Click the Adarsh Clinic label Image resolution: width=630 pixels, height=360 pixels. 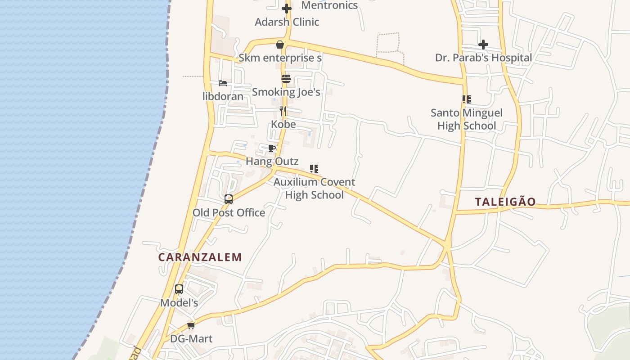[287, 22]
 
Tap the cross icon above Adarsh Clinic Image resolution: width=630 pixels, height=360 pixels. [287, 8]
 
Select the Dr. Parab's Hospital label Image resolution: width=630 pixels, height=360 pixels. [483, 58]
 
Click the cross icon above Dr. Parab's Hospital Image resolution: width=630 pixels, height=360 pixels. [483, 45]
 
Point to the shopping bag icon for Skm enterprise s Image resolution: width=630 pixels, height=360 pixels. [280, 44]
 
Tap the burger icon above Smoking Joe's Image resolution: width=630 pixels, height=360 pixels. [286, 79]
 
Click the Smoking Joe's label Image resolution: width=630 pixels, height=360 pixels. [286, 92]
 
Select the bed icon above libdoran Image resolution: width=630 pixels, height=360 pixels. [222, 83]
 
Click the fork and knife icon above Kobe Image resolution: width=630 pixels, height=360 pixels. [283, 111]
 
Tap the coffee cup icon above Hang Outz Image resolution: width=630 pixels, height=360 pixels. [272, 148]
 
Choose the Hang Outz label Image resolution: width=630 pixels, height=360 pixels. [272, 161]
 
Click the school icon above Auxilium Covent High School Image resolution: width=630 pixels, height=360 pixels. [314, 169]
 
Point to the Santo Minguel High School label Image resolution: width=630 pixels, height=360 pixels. [467, 119]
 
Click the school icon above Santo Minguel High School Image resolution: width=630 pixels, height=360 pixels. [467, 99]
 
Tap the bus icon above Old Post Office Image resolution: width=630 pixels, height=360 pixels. [229, 199]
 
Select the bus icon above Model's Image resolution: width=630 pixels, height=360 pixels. [179, 289]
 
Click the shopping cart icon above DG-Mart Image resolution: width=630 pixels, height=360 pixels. [191, 325]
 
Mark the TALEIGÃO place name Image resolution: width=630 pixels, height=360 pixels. [505, 202]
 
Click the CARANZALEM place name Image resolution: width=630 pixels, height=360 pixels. [200, 257]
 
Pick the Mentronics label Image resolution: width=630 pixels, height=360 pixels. [329, 5]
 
